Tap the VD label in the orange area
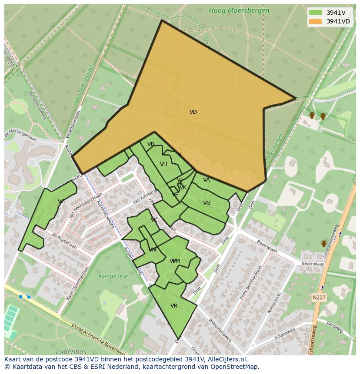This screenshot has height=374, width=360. [x=193, y=112]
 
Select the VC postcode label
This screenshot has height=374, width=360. [x=61, y=202]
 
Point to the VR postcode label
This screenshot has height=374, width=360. [x=174, y=306]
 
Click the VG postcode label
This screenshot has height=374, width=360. [x=207, y=203]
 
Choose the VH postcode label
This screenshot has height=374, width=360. [x=163, y=164]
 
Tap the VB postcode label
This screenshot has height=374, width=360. [x=151, y=144]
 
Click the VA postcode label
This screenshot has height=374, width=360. [x=206, y=180]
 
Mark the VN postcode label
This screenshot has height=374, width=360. [x=152, y=250]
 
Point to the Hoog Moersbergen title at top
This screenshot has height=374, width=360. [x=239, y=10]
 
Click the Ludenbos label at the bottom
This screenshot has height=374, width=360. [x=71, y=351]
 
